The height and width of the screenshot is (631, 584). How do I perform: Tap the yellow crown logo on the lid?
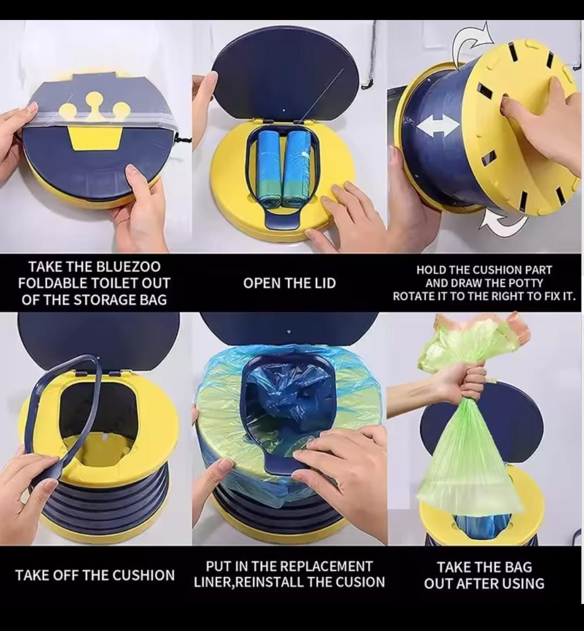(x=95, y=122)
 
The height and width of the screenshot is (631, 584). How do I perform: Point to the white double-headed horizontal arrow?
(x=438, y=126)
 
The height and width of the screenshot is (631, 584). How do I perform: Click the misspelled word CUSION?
(x=363, y=582)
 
